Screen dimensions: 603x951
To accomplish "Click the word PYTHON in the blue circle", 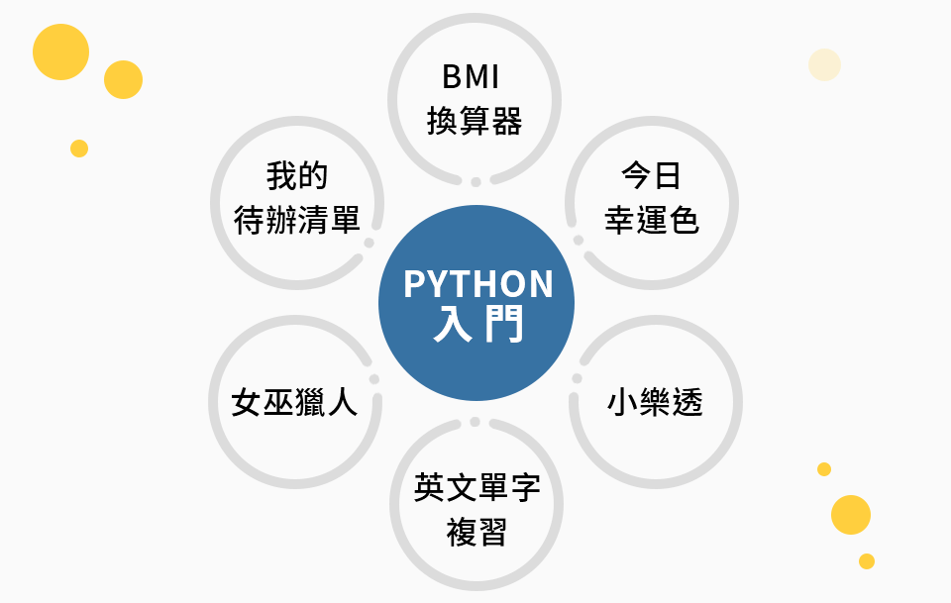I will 478,284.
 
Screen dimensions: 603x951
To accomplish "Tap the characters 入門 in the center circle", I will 478,325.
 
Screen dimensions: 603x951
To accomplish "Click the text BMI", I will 475,77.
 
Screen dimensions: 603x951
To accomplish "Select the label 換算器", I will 475,121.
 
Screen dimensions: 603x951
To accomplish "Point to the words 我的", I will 297,176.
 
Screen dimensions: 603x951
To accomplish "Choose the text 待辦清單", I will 297,220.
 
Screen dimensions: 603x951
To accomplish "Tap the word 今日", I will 651,176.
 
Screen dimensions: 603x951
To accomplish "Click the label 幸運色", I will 651,220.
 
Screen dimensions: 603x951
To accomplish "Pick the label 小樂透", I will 655,403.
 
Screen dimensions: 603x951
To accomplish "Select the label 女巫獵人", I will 294,403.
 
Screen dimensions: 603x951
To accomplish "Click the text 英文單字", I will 476,489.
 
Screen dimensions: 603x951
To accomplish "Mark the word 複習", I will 476,533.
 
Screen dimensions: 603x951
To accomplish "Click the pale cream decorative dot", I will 824,64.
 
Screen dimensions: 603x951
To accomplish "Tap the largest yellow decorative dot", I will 60,51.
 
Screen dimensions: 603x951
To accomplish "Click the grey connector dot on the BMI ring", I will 475,182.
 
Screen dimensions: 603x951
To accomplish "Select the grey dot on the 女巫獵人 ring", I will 373,378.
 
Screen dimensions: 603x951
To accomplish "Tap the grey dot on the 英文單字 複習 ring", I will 475,422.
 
